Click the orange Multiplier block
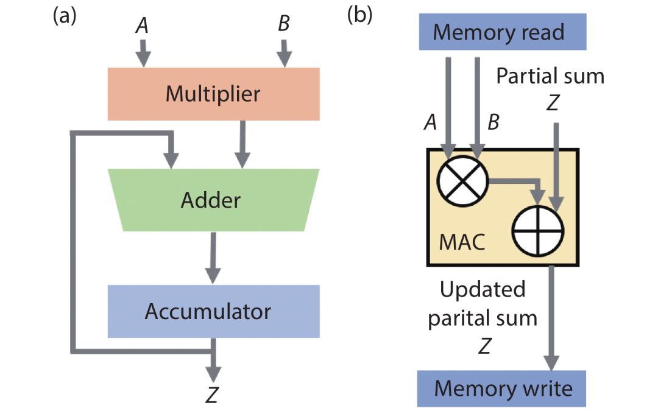pos(213,94)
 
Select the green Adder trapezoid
pos(213,200)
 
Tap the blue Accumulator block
pos(213,311)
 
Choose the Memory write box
pos(501,388)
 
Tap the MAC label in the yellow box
pos(462,243)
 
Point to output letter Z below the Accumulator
pos(212,396)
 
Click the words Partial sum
pos(550,76)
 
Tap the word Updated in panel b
pos(483,289)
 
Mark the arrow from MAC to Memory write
pos(552,317)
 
